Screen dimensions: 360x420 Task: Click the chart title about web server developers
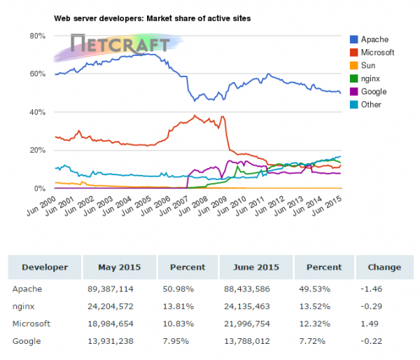153,17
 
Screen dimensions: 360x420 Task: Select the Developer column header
45,267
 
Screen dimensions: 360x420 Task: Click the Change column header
384,267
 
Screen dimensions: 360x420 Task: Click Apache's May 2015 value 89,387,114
111,288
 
